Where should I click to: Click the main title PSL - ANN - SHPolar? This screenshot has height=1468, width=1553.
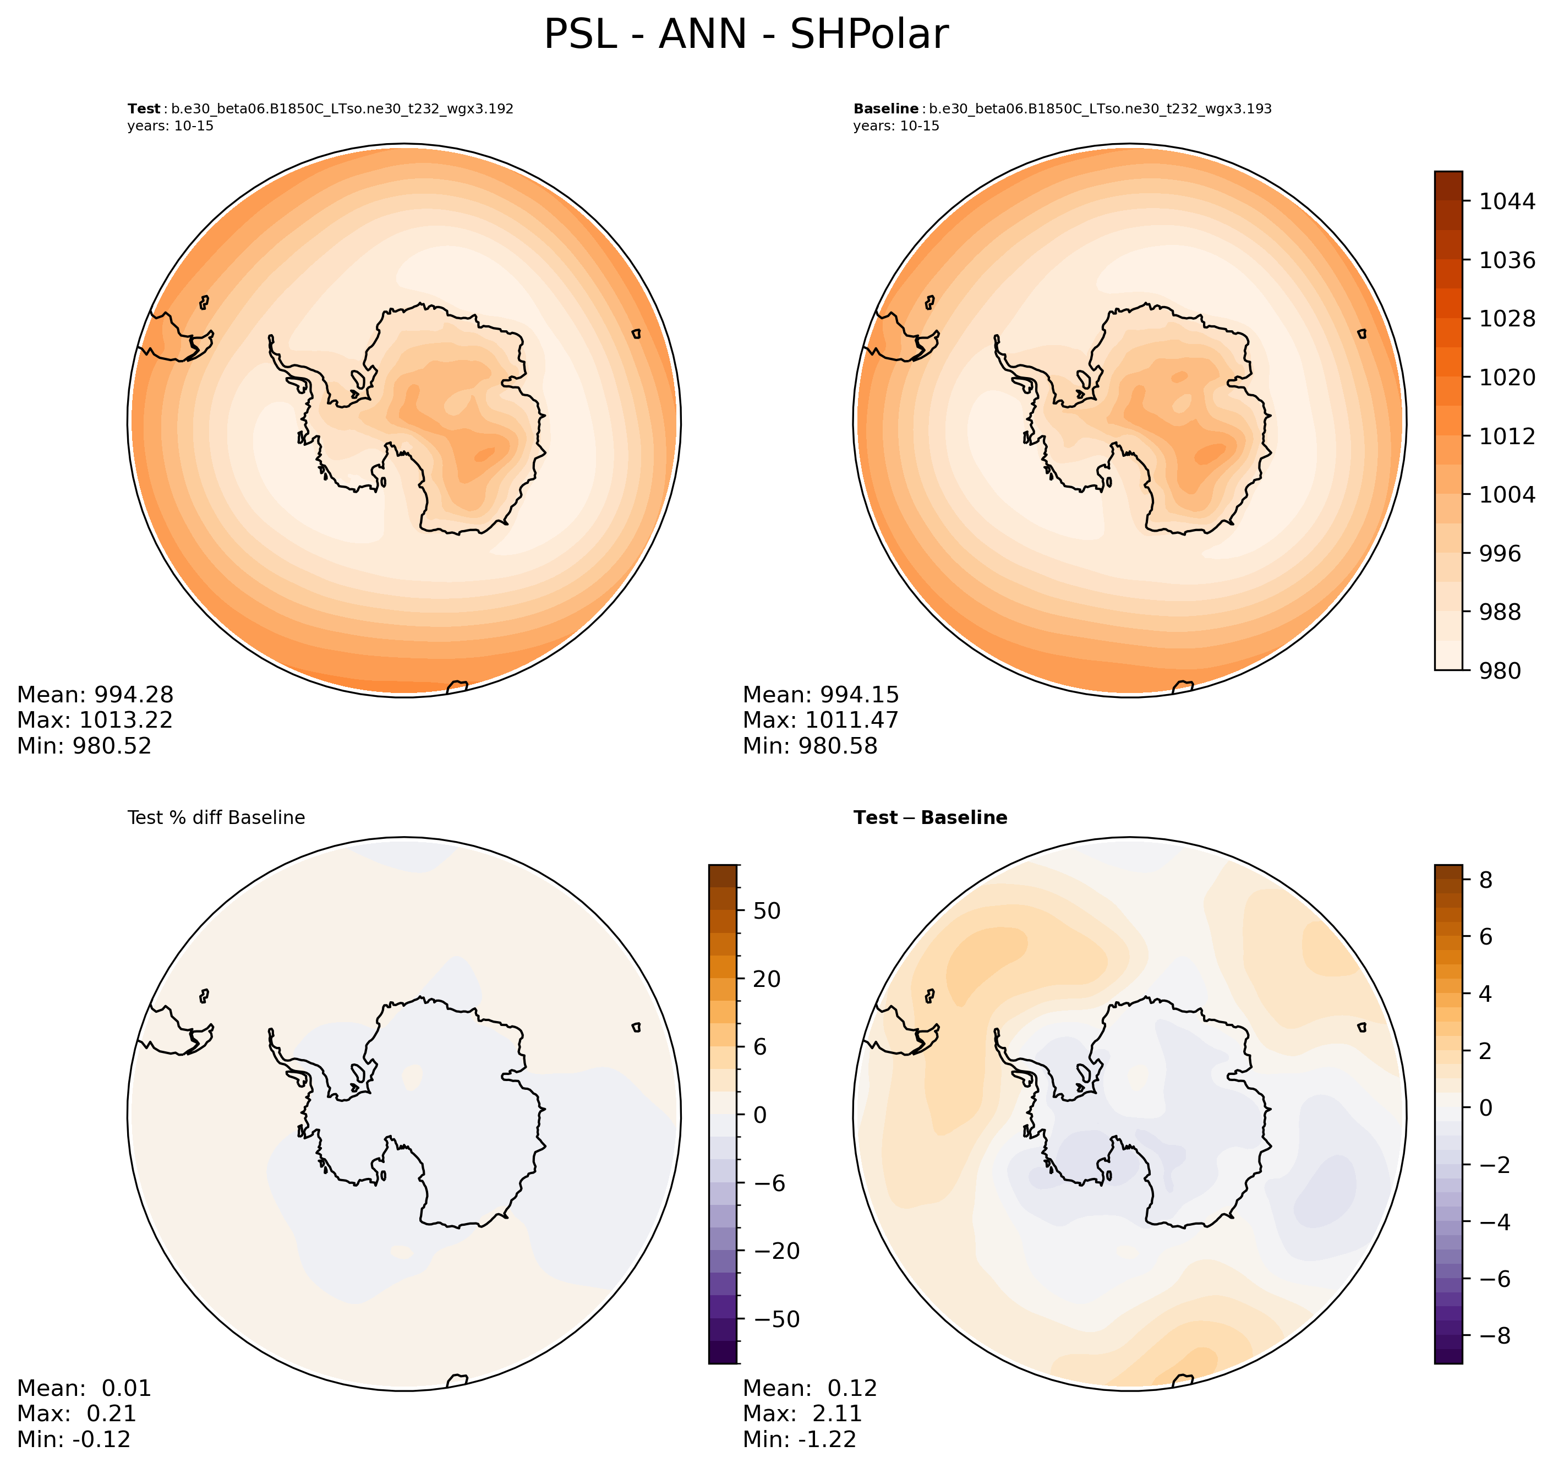[746, 35]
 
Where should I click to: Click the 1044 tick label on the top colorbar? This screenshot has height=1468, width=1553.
[1507, 201]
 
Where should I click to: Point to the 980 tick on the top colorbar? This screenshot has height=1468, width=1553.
[1500, 670]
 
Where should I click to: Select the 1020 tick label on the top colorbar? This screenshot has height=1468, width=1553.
[1507, 377]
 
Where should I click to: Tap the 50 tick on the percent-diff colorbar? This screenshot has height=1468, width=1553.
[766, 911]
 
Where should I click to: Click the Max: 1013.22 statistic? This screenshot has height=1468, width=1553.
[95, 720]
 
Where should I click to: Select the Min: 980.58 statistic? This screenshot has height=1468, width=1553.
[810, 746]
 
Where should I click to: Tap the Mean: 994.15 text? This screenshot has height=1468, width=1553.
[821, 695]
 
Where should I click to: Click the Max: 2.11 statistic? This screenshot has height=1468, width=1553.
[802, 1413]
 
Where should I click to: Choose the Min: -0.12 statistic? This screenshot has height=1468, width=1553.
[74, 1439]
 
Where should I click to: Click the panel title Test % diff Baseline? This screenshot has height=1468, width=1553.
[216, 818]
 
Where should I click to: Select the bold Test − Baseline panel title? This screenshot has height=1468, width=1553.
[929, 818]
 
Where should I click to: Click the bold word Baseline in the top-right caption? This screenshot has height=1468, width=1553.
[885, 109]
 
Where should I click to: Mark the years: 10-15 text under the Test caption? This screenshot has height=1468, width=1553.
[171, 126]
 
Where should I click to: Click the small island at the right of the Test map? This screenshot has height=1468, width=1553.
[636, 334]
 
